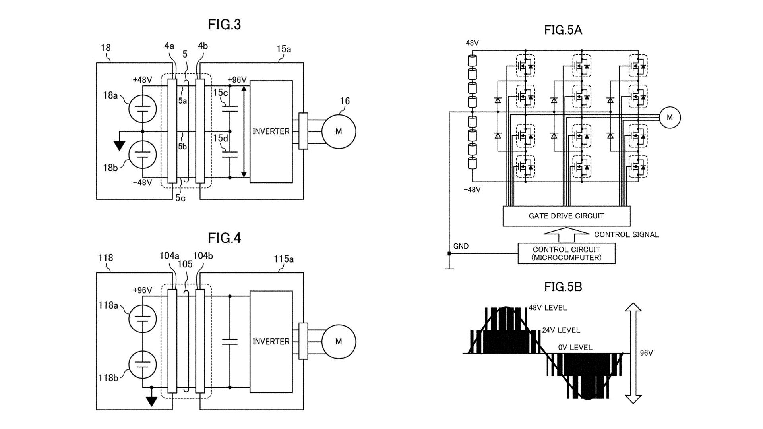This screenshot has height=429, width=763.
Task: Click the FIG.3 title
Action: pyautogui.click(x=224, y=25)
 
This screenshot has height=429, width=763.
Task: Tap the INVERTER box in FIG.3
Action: pyautogui.click(x=271, y=131)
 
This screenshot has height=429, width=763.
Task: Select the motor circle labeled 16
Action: pyautogui.click(x=339, y=131)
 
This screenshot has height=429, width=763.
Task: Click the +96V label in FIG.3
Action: pyautogui.click(x=237, y=80)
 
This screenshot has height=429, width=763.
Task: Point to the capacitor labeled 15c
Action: pyautogui.click(x=230, y=108)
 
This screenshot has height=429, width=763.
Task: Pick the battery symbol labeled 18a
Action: pyautogui.click(x=142, y=108)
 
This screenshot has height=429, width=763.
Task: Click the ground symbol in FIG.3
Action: pyautogui.click(x=119, y=145)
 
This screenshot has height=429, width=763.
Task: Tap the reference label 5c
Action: pyautogui.click(x=180, y=198)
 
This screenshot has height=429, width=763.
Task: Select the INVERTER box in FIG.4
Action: pyautogui.click(x=271, y=342)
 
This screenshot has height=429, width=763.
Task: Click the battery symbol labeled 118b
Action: pyautogui.click(x=142, y=365)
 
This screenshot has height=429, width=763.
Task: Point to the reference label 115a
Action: pyautogui.click(x=283, y=259)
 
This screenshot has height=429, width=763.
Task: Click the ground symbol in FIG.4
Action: pyautogui.click(x=151, y=401)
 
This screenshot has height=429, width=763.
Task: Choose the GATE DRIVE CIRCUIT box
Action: pyautogui.click(x=566, y=216)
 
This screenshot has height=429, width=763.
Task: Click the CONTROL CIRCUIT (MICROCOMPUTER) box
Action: pyautogui.click(x=566, y=254)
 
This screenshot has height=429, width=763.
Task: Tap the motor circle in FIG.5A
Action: pyautogui.click(x=670, y=118)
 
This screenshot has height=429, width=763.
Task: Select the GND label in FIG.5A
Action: pyautogui.click(x=461, y=246)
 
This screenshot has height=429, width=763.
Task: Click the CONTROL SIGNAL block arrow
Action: pyautogui.click(x=566, y=235)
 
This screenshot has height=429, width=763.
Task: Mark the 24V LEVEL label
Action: pyautogui.click(x=561, y=330)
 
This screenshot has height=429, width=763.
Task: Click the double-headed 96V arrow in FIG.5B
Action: pyautogui.click(x=633, y=353)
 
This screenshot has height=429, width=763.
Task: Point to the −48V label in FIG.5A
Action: pyautogui.click(x=472, y=190)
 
